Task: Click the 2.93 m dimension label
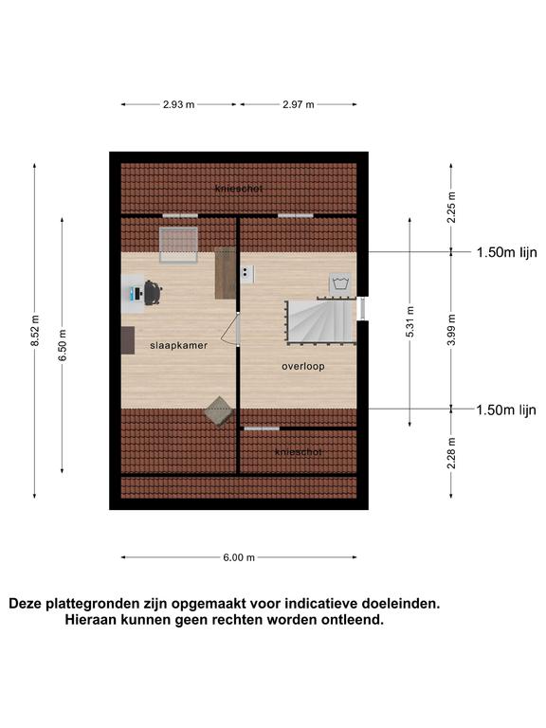(x=179, y=104)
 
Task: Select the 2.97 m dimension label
(x=299, y=104)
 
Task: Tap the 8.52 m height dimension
(x=35, y=331)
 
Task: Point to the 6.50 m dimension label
(x=63, y=345)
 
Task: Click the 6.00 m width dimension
(x=239, y=557)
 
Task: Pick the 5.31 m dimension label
(x=409, y=321)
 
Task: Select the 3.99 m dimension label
(x=451, y=330)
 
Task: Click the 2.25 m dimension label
(x=451, y=207)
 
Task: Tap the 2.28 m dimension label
(x=451, y=453)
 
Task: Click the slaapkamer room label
(x=179, y=345)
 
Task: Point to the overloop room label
(x=303, y=366)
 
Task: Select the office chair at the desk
(x=153, y=293)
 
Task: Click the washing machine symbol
(x=340, y=283)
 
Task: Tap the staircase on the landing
(x=320, y=321)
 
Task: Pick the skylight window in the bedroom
(x=179, y=245)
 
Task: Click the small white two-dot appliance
(x=247, y=274)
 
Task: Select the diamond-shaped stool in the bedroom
(x=219, y=410)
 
